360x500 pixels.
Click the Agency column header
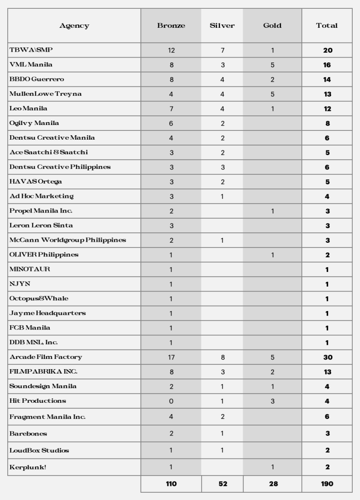74,26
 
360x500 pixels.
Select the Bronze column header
171,26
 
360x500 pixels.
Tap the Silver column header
222,26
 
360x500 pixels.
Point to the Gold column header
272,26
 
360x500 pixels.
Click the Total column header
327,26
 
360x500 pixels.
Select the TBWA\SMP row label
27,50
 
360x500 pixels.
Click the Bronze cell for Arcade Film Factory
171,357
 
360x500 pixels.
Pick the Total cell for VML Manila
327,65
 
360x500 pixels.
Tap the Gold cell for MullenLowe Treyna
272,94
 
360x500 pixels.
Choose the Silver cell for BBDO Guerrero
222,80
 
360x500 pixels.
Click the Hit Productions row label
38,401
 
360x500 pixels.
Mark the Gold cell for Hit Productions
272,401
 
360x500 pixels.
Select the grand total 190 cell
327,484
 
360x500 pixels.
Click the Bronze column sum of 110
171,484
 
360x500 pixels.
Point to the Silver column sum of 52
222,484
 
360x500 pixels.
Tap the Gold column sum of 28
272,484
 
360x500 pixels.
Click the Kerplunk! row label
28,467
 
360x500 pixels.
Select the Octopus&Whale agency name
39,298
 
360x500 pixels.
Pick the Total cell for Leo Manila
327,109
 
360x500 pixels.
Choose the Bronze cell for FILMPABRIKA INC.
171,372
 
